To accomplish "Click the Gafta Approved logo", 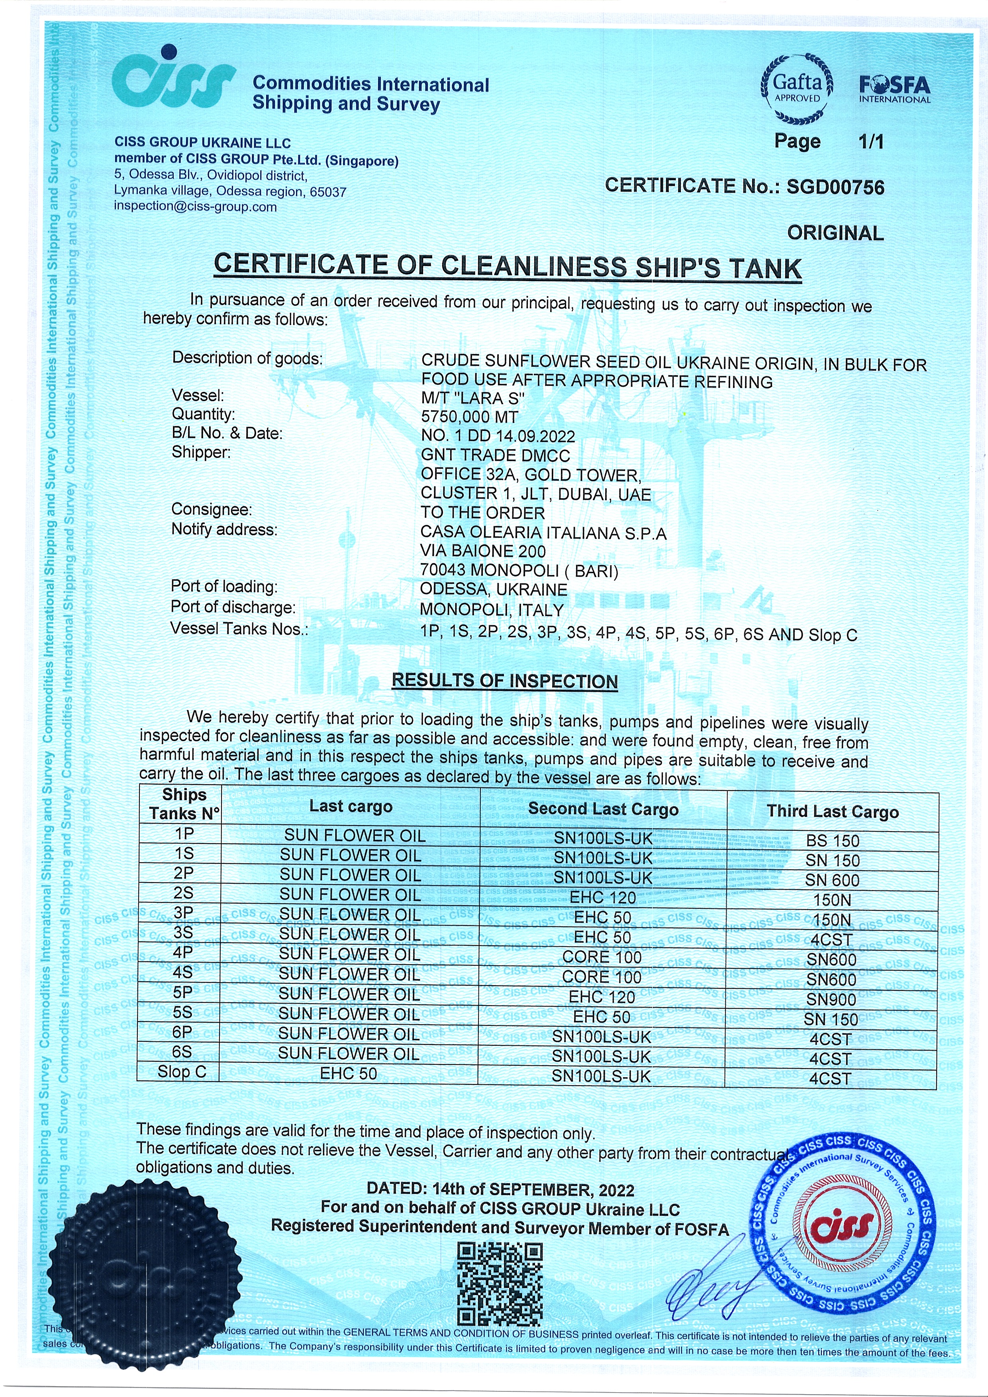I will tap(797, 89).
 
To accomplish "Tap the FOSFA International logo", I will tap(894, 90).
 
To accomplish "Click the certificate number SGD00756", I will tap(835, 187).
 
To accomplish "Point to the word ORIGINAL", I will tap(835, 233).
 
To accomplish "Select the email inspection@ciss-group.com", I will tap(195, 206).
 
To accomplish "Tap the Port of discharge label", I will tap(233, 607).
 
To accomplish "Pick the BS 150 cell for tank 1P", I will tap(832, 841).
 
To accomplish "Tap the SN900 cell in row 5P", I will tap(831, 1000).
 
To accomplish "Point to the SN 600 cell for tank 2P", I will tap(832, 880).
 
